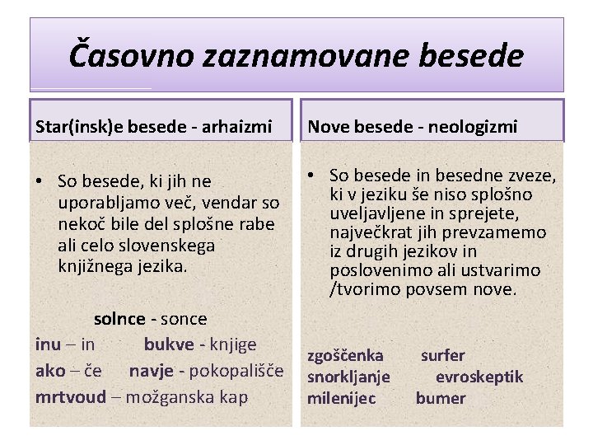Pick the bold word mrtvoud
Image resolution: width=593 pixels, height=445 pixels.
click(x=71, y=396)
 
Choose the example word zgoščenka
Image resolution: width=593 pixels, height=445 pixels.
click(x=345, y=356)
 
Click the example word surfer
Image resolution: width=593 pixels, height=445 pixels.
click(x=443, y=356)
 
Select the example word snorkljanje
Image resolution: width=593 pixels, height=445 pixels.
click(x=348, y=377)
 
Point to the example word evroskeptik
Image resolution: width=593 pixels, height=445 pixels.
click(x=479, y=377)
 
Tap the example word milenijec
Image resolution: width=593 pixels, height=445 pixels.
click(x=341, y=398)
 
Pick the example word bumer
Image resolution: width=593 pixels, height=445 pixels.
click(x=441, y=398)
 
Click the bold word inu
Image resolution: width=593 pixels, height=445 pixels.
click(x=48, y=344)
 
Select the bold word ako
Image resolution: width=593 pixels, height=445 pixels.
click(x=49, y=371)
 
